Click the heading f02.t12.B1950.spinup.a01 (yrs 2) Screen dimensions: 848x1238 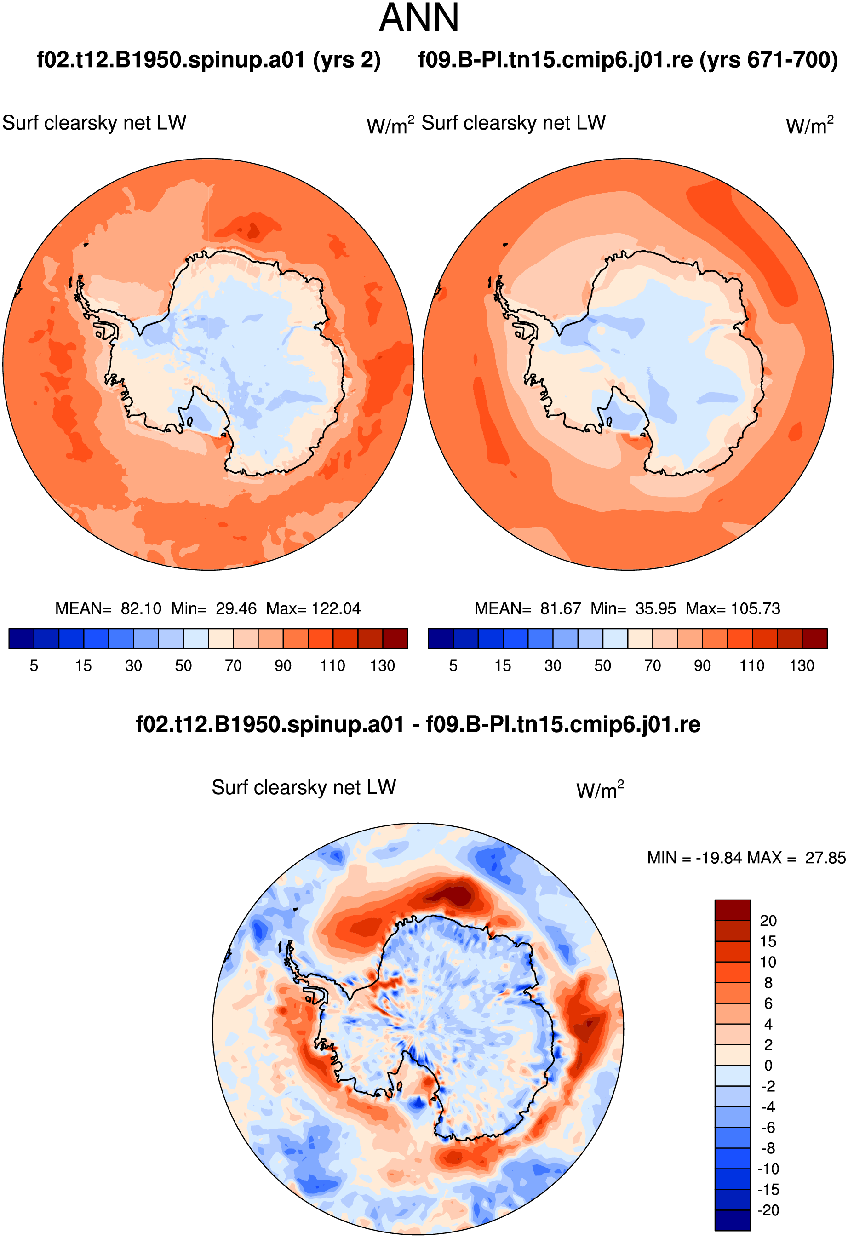pyautogui.click(x=208, y=60)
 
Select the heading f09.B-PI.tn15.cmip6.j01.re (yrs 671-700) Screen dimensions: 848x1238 pyautogui.click(x=628, y=60)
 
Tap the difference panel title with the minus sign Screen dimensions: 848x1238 pyautogui.click(x=418, y=724)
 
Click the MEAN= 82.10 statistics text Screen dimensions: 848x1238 pyautogui.click(x=108, y=608)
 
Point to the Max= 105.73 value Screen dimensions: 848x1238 pyautogui.click(x=733, y=608)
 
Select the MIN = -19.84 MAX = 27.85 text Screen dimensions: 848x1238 pyautogui.click(x=746, y=858)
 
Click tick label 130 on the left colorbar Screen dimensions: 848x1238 pyautogui.click(x=383, y=666)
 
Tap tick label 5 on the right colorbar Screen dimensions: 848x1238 pyautogui.click(x=453, y=666)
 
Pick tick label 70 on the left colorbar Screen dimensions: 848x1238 pyautogui.click(x=233, y=666)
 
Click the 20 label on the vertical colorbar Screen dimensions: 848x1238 pyautogui.click(x=768, y=921)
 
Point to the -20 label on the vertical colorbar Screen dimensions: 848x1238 pyautogui.click(x=768, y=1210)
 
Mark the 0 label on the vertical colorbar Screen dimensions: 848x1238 pyautogui.click(x=768, y=1066)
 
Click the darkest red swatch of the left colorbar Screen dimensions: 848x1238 pyautogui.click(x=395, y=638)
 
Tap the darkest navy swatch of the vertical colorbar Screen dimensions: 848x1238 pyautogui.click(x=733, y=1220)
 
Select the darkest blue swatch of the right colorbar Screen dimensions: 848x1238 pyautogui.click(x=441, y=638)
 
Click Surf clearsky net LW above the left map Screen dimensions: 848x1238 pyautogui.click(x=94, y=123)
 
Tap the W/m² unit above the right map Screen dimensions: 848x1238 pyautogui.click(x=810, y=125)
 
